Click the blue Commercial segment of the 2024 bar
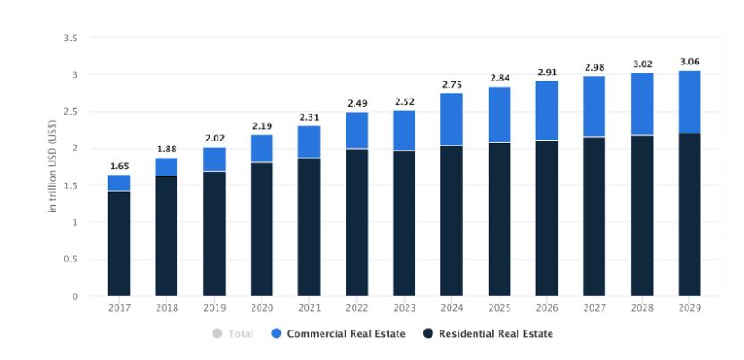451,119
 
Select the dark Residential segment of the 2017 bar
119,243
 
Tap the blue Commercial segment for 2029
688,101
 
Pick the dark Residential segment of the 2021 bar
309,227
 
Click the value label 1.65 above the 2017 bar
119,166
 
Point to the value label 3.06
688,61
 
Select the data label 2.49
356,103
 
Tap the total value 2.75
451,84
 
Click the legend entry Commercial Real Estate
345,334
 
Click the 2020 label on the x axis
261,308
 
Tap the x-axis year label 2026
546,308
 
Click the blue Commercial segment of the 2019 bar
214,159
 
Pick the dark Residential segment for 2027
594,216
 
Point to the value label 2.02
214,139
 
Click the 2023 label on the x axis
404,308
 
